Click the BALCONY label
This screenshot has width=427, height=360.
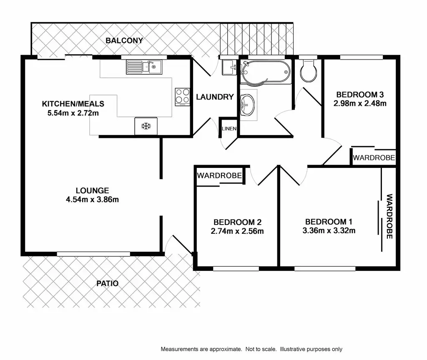(124, 41)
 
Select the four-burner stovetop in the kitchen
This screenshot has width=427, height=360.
(182, 96)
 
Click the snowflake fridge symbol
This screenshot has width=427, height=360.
(146, 126)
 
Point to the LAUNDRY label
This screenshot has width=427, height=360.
(215, 97)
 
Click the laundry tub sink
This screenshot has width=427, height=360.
(229, 67)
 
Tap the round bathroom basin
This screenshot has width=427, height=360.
(248, 104)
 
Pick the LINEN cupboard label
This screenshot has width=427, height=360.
(229, 129)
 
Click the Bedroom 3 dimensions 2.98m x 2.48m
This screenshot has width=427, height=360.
(360, 103)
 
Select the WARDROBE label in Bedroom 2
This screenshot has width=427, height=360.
(219, 176)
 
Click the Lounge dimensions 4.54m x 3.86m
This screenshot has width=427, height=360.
(93, 200)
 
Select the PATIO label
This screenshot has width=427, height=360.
(108, 284)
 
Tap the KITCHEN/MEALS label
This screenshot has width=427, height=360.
(73, 104)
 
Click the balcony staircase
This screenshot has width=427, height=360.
(257, 40)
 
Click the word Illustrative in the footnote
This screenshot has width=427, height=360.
(294, 349)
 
